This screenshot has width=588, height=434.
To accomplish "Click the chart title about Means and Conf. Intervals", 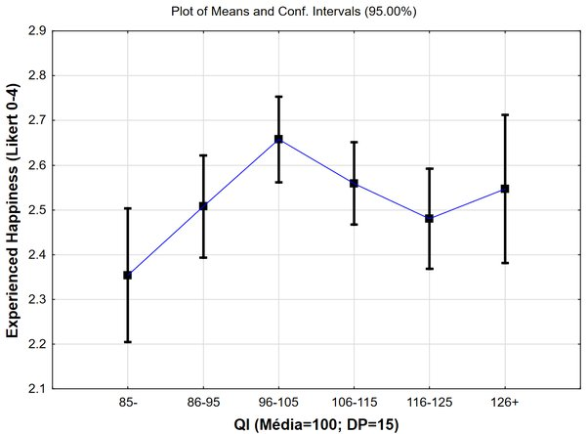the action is click(294, 12).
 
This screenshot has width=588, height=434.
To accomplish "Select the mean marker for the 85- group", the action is click(128, 276).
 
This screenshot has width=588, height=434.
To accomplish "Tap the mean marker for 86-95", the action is click(203, 205).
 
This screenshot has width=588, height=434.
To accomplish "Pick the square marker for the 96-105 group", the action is click(278, 139).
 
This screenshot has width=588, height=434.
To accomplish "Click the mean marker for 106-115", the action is click(354, 184).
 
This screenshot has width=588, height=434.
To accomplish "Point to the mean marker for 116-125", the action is click(430, 219).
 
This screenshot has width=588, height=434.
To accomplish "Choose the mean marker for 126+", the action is click(505, 189).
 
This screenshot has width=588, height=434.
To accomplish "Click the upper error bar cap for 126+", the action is click(505, 114).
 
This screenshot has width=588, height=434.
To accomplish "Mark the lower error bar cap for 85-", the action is click(128, 342).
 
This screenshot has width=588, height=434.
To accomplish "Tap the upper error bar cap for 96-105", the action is click(278, 97).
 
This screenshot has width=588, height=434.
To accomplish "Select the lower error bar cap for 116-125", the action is click(430, 269).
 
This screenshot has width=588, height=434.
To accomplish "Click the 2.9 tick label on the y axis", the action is click(37, 30).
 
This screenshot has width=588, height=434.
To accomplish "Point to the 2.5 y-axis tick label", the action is click(37, 210).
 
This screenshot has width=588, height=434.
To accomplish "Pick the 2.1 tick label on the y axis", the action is click(37, 389).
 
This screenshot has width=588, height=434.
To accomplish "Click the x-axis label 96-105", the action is click(278, 403).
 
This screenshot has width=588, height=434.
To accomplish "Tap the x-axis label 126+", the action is click(505, 403).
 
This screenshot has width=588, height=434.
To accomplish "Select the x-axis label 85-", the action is click(128, 403).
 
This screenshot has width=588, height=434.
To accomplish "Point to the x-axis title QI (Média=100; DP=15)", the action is click(316, 425).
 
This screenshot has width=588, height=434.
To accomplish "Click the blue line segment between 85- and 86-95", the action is click(165, 240).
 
